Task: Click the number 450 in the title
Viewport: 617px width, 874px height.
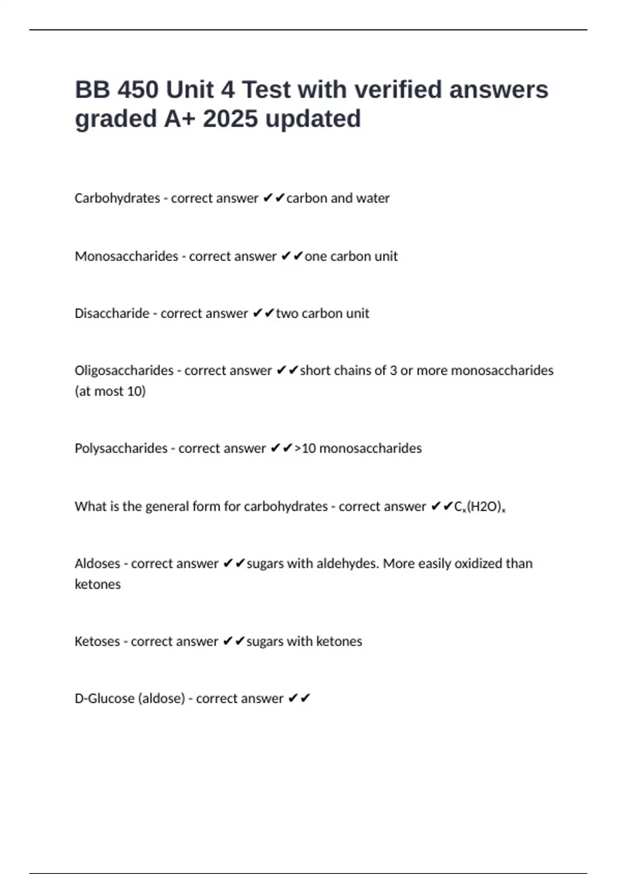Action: [137, 90]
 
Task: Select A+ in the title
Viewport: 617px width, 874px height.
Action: [180, 119]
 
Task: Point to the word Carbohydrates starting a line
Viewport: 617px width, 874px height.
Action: [117, 198]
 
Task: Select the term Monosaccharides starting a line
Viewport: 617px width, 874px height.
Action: [126, 256]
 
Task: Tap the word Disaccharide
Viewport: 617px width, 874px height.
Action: [112, 314]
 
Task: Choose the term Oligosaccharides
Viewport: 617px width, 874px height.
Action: [124, 371]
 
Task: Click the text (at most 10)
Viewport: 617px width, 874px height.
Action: [110, 391]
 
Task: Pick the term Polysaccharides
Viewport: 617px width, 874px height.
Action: [121, 448]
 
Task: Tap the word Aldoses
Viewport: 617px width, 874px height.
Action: [97, 563]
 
